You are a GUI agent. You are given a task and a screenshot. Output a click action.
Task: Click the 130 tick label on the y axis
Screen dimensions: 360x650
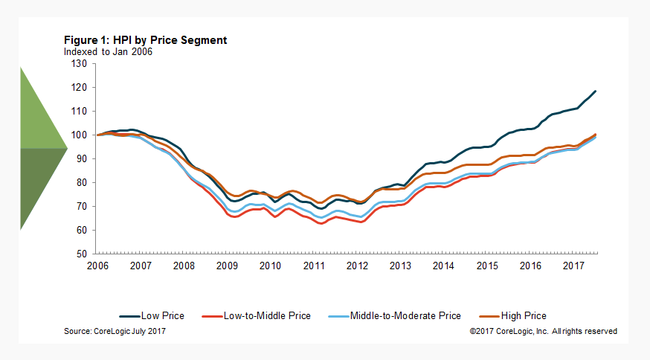(x=80, y=64)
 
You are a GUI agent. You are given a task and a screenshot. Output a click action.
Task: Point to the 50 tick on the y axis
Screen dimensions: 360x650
(x=82, y=254)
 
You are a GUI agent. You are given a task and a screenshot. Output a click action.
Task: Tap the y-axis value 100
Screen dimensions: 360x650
(x=80, y=135)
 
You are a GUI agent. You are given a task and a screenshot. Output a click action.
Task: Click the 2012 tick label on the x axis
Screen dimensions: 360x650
(x=358, y=266)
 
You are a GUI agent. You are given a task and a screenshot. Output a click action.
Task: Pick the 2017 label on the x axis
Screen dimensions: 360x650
(x=574, y=266)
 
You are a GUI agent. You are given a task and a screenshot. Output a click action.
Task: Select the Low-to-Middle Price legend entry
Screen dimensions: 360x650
(x=260, y=316)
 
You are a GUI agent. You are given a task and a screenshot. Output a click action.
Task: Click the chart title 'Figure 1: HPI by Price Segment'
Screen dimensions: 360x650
(x=146, y=40)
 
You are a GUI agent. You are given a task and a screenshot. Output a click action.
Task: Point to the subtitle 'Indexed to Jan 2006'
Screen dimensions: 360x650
(x=109, y=51)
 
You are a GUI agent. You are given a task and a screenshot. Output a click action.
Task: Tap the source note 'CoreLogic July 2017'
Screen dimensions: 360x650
(x=115, y=331)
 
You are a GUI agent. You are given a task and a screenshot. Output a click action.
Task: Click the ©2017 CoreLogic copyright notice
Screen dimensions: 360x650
(x=543, y=331)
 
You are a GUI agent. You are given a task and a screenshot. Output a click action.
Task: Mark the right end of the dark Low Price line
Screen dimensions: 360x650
(x=596, y=91)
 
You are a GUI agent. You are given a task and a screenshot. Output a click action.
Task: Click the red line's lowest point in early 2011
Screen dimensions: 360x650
(x=321, y=223)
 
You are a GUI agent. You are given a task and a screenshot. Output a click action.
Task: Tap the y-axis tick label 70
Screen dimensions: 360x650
(x=82, y=206)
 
